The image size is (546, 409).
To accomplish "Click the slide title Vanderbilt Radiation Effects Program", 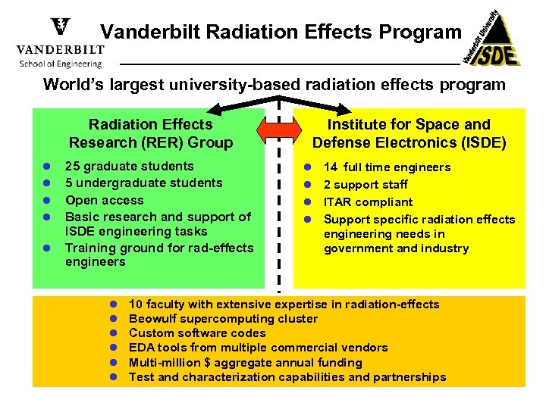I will pos(281,32).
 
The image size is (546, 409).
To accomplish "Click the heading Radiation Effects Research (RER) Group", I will pos(151,133).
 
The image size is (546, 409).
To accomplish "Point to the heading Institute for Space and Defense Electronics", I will pos(409,133).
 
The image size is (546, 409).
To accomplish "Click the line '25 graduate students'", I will pos(129,167).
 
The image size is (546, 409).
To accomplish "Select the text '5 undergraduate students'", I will pos(143,183).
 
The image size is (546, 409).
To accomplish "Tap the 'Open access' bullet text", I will pos(104,200).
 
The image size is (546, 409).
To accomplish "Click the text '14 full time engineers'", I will pos(387,167).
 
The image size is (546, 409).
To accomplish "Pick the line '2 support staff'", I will pos(366,185).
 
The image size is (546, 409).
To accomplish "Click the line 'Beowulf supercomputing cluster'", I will pos(223,319).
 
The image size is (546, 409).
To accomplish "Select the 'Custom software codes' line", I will pos(197,333).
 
